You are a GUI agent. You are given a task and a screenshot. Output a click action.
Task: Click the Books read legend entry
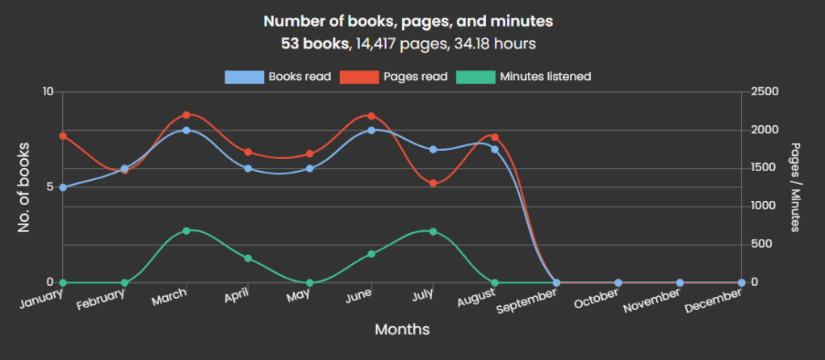point(278,77)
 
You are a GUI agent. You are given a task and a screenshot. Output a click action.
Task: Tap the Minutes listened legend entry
point(524,77)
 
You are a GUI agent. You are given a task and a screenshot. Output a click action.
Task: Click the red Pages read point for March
point(186,115)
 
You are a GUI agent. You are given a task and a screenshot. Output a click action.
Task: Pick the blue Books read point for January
point(62,187)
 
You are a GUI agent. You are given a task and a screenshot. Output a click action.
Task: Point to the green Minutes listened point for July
point(433,232)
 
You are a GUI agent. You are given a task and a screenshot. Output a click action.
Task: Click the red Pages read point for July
point(433,183)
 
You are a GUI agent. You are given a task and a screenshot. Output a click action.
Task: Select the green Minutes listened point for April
point(248,258)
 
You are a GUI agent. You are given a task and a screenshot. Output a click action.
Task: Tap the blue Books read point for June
point(371,130)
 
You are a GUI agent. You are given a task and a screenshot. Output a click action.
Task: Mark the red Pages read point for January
point(62,136)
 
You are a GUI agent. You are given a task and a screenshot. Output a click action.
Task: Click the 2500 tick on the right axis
point(764,92)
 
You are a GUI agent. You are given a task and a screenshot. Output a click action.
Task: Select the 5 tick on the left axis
point(49,187)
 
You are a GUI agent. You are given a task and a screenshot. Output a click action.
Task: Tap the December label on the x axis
point(713,300)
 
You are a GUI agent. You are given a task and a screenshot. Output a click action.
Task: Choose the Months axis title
point(402,329)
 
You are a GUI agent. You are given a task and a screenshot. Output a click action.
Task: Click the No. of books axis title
point(23,187)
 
